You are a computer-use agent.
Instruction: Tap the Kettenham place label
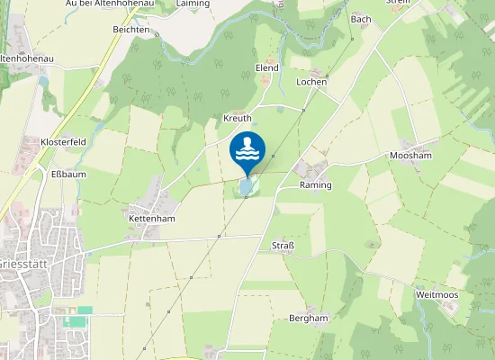tap(151, 219)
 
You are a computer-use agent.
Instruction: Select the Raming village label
tap(315, 185)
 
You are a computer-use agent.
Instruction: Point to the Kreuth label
tap(238, 119)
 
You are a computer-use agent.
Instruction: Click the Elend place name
tap(266, 67)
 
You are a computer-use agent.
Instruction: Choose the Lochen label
tap(311, 81)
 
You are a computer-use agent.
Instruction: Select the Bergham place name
tap(309, 319)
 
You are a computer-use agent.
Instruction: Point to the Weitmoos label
tap(436, 295)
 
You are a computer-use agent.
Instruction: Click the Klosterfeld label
tap(63, 142)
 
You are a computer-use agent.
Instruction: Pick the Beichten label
tap(131, 30)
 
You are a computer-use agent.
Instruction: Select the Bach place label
tap(361, 19)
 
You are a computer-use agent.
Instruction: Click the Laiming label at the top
tap(193, 4)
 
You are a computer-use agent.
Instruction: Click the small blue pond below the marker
tap(246, 187)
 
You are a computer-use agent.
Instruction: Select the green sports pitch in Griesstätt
tap(84, 310)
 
